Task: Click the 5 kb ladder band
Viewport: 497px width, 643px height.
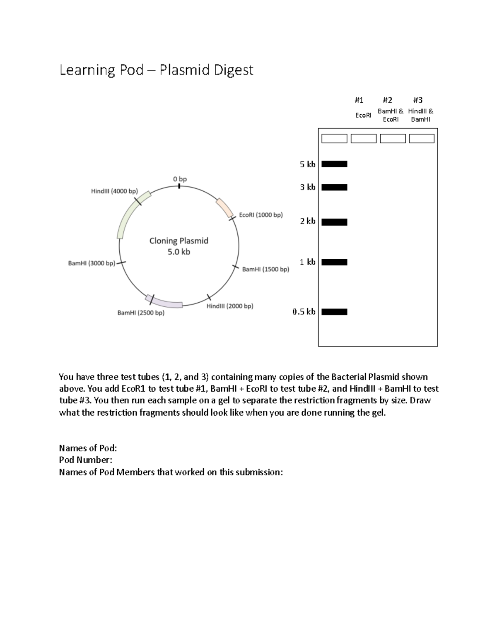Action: [x=334, y=164]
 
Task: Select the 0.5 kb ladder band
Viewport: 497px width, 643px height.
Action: [x=334, y=312]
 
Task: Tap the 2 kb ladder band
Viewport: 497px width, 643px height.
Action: [x=334, y=222]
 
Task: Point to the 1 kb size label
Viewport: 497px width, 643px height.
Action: [x=307, y=262]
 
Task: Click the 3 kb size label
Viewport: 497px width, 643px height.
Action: [x=307, y=187]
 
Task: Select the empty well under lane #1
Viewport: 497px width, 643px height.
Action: [x=363, y=138]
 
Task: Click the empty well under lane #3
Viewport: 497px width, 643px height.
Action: [x=422, y=138]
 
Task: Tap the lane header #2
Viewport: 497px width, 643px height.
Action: [x=387, y=100]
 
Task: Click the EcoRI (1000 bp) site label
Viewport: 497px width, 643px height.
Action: [x=261, y=215]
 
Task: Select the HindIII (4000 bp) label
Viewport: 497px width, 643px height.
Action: [x=114, y=191]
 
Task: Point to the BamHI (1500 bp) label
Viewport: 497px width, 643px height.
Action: [x=265, y=269]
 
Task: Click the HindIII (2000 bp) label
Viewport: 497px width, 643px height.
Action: [x=229, y=306]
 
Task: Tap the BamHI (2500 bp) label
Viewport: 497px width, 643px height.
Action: [x=141, y=313]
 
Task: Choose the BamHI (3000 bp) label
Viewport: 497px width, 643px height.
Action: [x=92, y=263]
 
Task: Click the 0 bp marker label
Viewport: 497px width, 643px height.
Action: [x=180, y=179]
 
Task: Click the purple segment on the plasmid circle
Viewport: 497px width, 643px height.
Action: [x=164, y=301]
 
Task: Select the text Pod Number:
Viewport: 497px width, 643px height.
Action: [x=85, y=460]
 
